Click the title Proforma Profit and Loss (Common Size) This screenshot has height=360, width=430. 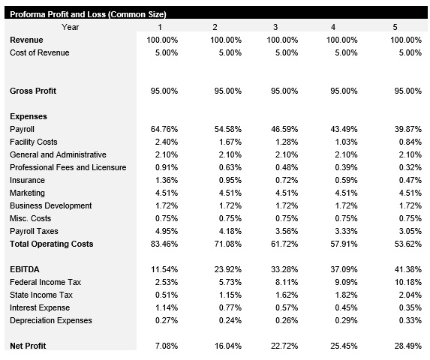click(88, 14)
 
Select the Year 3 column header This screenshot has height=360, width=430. click(275, 27)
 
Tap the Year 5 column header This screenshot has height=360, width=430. click(395, 27)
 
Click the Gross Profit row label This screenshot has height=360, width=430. click(34, 91)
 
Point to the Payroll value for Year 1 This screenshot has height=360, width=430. click(164, 130)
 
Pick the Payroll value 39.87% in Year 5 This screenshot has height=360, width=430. click(408, 130)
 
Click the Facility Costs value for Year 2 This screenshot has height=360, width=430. click(228, 142)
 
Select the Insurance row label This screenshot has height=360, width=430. click(28, 181)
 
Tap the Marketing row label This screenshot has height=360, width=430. click(28, 193)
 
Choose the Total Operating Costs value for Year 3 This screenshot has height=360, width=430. click(284, 244)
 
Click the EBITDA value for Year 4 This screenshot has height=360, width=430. click(344, 269)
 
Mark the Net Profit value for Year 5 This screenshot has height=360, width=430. click(408, 346)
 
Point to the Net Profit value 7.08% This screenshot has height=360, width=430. click(166, 346)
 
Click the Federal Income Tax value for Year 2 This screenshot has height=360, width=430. click(228, 282)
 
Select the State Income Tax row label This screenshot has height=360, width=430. click(41, 295)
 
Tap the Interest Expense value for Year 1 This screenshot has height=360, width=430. click(166, 307)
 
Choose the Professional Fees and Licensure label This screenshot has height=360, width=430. click(68, 168)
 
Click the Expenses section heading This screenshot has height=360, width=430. click(29, 116)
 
